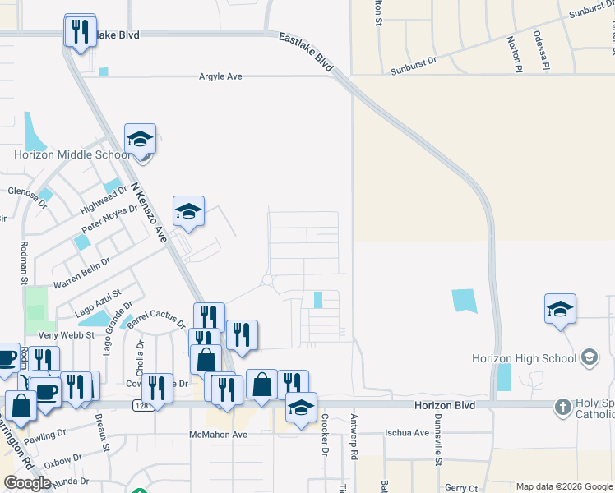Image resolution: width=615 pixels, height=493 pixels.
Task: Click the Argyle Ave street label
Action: [x=220, y=76]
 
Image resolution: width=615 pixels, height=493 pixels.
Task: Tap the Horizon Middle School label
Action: [x=72, y=154]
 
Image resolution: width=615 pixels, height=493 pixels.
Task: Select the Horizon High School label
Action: [x=524, y=358]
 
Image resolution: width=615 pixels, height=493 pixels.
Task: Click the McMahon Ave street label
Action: [x=218, y=435]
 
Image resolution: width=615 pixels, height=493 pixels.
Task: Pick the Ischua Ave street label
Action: [x=408, y=433]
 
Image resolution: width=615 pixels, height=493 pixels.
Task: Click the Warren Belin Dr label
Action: [x=81, y=274]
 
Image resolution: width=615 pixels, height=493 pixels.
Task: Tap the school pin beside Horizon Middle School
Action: [x=141, y=140]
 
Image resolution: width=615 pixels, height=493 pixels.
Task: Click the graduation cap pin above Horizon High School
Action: [x=560, y=309]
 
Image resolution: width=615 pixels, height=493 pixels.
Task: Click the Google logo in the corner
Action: [x=27, y=483]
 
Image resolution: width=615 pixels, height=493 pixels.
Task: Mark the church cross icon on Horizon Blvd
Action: [x=562, y=406]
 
